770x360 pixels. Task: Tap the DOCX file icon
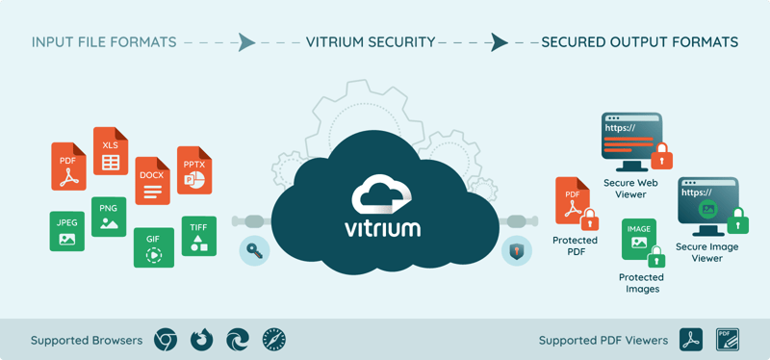(x=152, y=181)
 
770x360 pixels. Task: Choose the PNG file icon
(x=108, y=218)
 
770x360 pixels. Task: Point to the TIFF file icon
(x=198, y=236)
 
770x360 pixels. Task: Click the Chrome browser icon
(x=167, y=339)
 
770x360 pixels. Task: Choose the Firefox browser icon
(x=201, y=339)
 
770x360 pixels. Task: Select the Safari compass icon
(x=273, y=339)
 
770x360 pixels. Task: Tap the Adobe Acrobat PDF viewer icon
(x=691, y=339)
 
